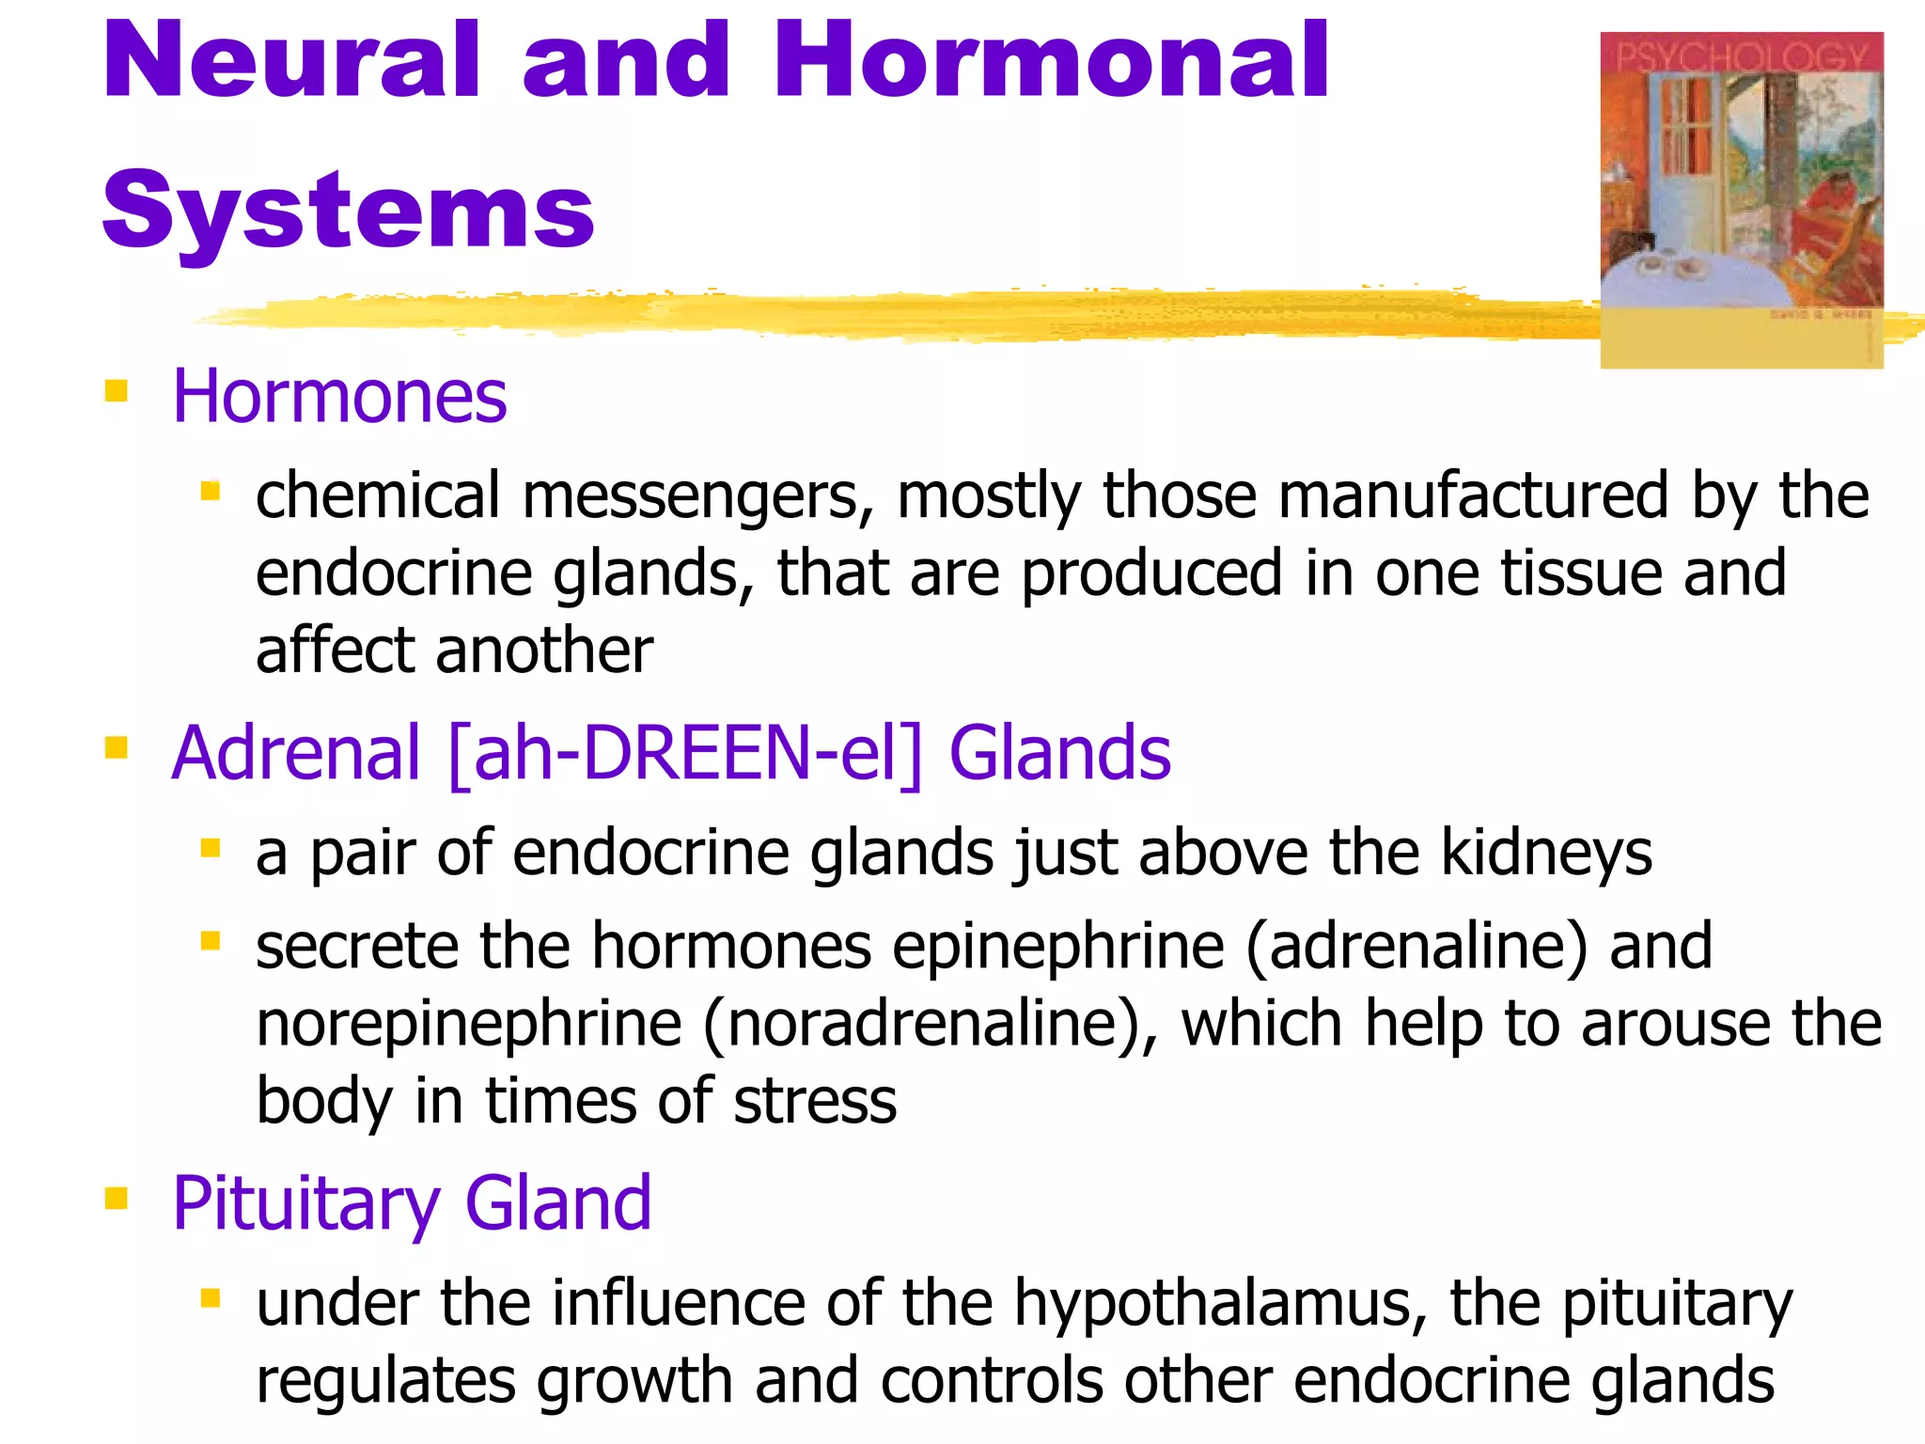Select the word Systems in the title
point(348,211)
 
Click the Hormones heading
point(339,397)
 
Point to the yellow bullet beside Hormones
point(117,389)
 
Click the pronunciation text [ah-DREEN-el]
point(685,753)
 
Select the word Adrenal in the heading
point(296,753)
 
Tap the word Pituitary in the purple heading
point(306,1204)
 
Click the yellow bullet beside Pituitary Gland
point(117,1198)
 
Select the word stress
point(815,1101)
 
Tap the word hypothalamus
point(1213,1305)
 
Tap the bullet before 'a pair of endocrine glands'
point(211,849)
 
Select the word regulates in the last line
point(385,1382)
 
